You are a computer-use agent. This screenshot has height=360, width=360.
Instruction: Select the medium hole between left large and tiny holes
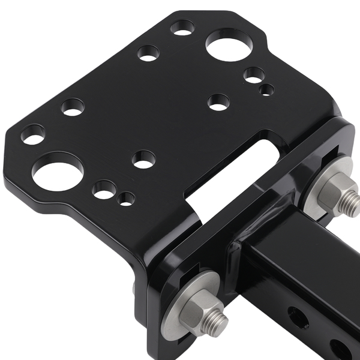coord(105,189)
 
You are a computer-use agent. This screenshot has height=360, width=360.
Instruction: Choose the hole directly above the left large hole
coord(73,107)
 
